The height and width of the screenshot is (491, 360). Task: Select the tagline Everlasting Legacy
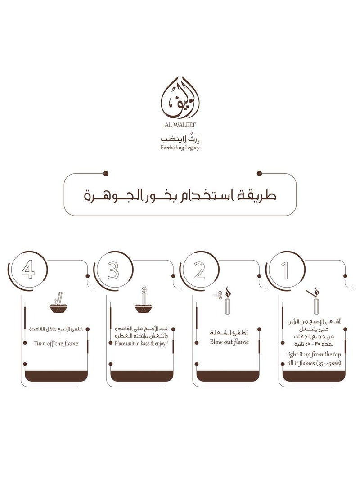179,147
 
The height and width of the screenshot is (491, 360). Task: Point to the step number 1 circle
285,271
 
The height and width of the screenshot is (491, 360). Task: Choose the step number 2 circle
199,271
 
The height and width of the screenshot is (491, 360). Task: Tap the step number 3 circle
113,271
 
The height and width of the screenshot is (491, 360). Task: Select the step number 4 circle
28,271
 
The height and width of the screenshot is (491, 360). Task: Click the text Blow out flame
229,342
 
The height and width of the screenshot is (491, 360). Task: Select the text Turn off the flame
56,343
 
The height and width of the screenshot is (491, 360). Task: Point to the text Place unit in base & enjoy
141,343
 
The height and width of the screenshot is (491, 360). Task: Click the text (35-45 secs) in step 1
324,363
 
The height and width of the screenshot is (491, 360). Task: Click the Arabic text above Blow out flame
229,332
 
